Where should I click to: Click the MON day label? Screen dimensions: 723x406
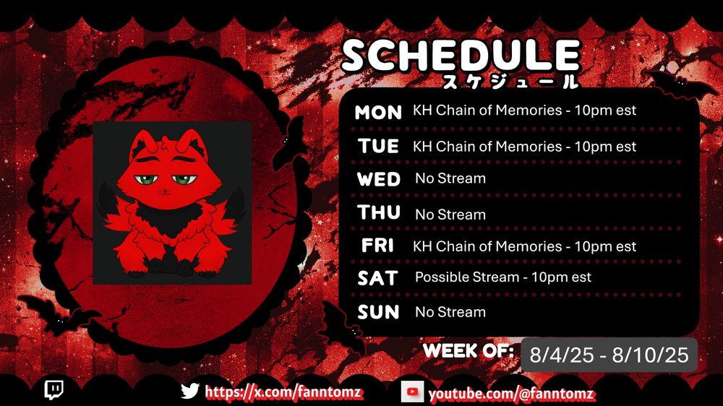[378, 112]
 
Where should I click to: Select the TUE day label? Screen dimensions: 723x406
[378, 146]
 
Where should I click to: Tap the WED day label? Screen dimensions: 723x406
[379, 179]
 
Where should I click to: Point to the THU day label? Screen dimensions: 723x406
[379, 212]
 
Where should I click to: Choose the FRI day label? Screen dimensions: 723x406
[377, 245]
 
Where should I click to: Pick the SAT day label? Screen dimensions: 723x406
[377, 278]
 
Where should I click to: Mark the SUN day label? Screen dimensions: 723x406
[378, 312]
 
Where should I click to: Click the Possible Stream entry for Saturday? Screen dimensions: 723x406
[503, 277]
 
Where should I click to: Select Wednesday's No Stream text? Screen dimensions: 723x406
[450, 178]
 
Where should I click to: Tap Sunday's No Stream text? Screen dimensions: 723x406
[450, 312]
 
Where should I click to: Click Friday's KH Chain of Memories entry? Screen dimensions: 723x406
[524, 246]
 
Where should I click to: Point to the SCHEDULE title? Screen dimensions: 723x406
[461, 56]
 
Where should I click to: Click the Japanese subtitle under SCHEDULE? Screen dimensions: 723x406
[510, 81]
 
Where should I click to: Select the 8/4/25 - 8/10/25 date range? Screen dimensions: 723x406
[609, 355]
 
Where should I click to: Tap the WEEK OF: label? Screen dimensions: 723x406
[468, 350]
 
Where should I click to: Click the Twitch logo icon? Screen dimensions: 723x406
[54, 390]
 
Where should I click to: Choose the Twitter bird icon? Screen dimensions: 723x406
[189, 392]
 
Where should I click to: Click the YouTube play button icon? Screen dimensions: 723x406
[412, 392]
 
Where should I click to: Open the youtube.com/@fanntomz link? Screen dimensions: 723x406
[511, 394]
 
